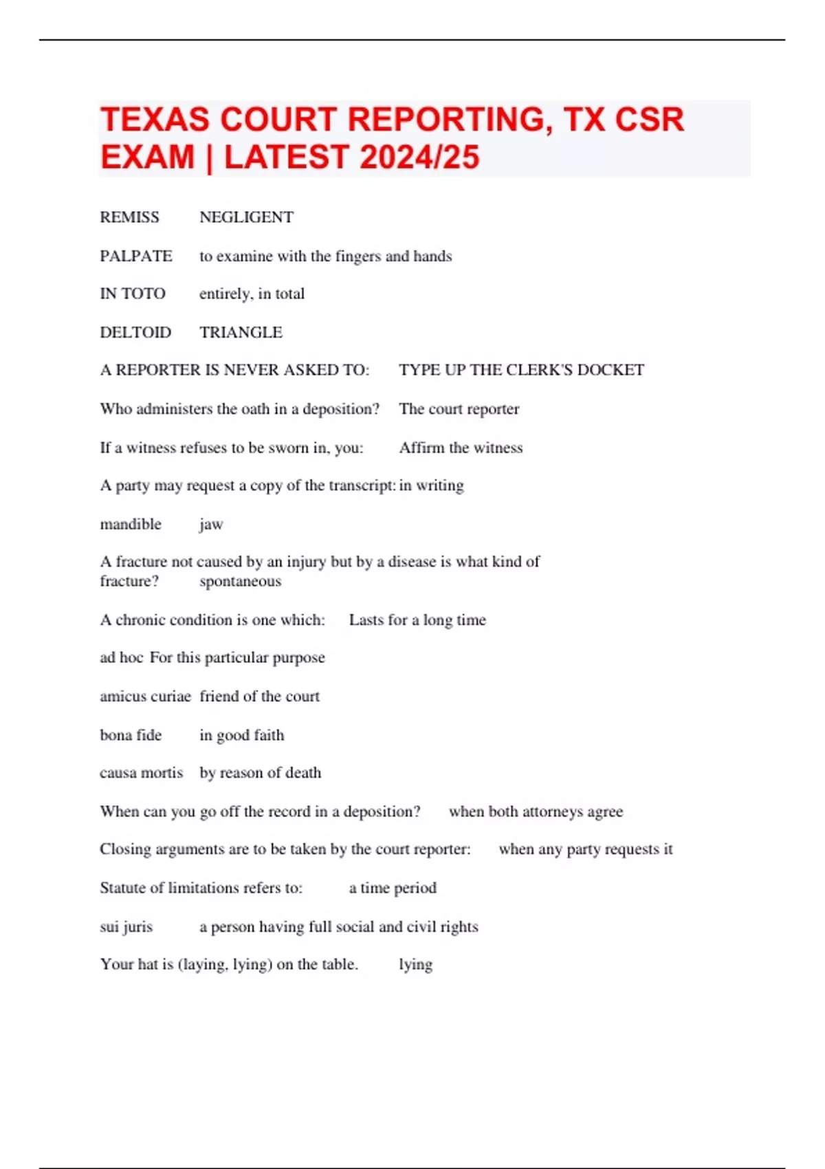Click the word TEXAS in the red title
click(x=155, y=120)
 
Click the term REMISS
click(x=129, y=217)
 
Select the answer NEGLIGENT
click(x=246, y=217)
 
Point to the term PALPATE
click(x=136, y=256)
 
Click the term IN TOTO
click(x=133, y=294)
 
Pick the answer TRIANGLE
click(x=241, y=332)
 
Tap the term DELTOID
click(x=135, y=332)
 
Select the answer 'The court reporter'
click(x=459, y=409)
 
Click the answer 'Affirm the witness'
click(x=461, y=448)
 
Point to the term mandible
click(x=131, y=524)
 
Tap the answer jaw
click(x=211, y=525)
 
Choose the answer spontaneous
click(x=240, y=581)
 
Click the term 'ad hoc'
click(x=121, y=657)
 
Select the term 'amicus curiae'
click(x=145, y=696)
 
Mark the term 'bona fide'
click(x=131, y=735)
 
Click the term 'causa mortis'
click(x=141, y=773)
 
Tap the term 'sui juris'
click(x=126, y=927)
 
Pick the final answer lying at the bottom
click(x=415, y=965)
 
